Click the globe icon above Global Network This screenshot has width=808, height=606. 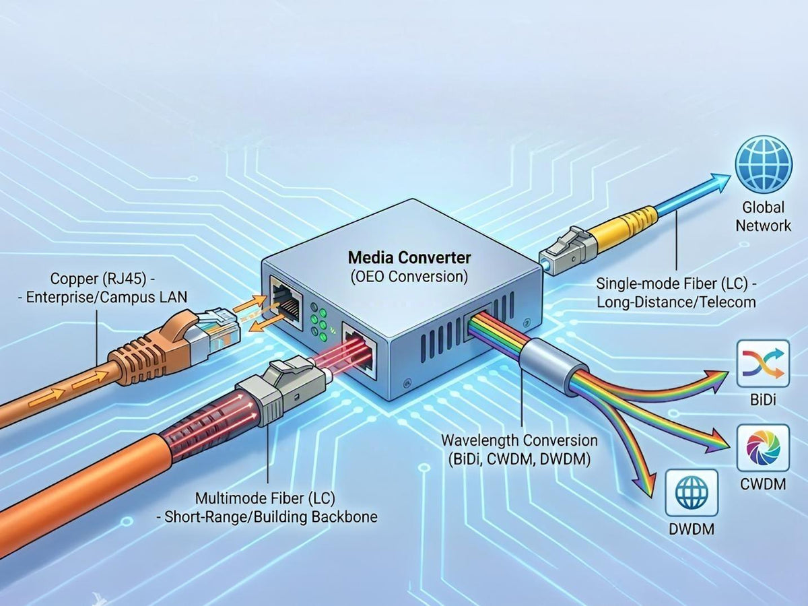point(763,164)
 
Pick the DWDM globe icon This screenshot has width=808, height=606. point(692,494)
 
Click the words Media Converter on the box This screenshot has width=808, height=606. point(409,257)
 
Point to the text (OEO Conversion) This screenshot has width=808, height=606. point(409,275)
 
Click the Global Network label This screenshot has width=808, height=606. point(763,217)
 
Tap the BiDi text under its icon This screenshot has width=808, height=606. point(763,400)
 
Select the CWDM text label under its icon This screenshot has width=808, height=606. point(763,483)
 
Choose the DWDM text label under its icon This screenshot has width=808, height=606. point(692,529)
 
